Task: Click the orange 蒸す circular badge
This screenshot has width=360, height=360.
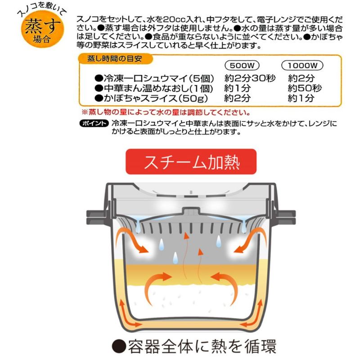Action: [42, 29]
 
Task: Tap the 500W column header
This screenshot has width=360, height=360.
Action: [242, 65]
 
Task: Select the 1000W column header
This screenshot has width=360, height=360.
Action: [302, 65]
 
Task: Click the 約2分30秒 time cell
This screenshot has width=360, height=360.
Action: [250, 78]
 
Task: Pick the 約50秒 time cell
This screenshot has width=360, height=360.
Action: [305, 88]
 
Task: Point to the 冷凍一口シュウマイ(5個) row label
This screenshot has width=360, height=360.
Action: [154, 78]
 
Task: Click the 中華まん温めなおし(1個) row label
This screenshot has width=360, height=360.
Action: [154, 88]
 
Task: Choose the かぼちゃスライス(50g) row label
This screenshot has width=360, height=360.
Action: [151, 98]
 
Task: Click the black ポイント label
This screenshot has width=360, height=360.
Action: [94, 123]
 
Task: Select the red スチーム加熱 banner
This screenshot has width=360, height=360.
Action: [191, 162]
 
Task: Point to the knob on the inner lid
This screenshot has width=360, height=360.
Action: [191, 211]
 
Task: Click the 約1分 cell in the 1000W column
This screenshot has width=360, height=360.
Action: [301, 98]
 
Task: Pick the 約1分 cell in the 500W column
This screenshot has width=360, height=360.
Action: [237, 88]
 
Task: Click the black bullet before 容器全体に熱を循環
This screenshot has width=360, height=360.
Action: [119, 346]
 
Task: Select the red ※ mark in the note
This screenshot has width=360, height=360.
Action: [85, 112]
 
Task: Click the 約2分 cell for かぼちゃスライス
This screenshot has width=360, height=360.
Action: [237, 98]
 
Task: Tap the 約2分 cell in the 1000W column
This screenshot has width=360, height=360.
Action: [301, 78]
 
